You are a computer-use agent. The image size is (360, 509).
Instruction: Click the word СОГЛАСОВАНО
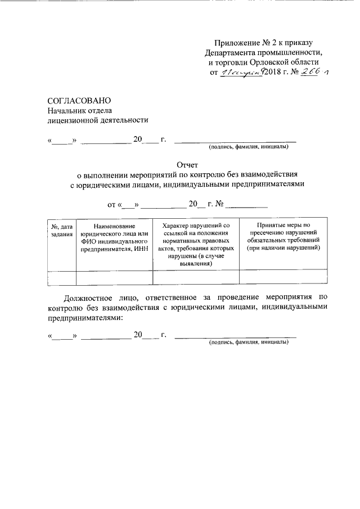click(75, 100)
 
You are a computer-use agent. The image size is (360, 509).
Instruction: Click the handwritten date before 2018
click(241, 73)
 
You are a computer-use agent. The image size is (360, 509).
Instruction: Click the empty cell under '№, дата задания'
click(61, 278)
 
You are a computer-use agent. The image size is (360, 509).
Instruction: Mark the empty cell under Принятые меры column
click(283, 278)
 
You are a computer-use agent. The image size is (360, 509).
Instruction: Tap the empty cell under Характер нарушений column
click(196, 278)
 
